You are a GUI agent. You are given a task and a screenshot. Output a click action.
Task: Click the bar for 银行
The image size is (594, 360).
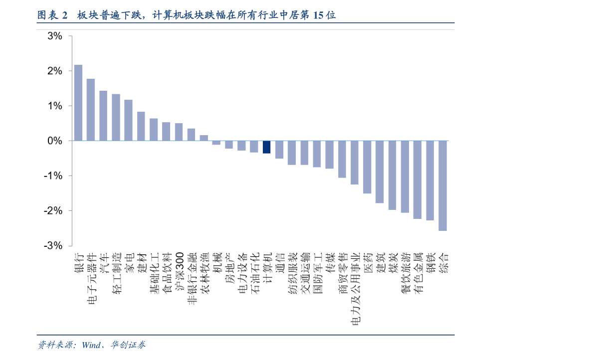[x=78, y=103]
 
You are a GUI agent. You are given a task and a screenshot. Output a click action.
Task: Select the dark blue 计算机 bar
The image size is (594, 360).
[x=267, y=147]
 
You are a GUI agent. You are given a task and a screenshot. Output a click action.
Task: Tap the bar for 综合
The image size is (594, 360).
[x=443, y=185]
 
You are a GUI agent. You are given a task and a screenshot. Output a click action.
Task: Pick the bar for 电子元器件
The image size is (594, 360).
[x=91, y=110]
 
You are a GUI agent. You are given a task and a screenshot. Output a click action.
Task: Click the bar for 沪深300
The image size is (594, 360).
[x=179, y=132]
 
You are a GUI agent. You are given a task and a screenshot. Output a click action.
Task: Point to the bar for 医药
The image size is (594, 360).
[x=367, y=167]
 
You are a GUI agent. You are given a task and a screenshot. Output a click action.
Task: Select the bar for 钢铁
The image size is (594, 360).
[x=430, y=180]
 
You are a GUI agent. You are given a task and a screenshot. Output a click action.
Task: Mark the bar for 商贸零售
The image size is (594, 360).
[x=342, y=159]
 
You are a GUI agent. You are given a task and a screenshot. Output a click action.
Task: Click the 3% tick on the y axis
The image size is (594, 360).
[x=55, y=36]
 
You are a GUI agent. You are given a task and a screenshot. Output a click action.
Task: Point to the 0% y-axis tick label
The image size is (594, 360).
[x=55, y=141]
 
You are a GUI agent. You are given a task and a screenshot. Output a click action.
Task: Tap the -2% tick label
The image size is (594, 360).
[x=53, y=211]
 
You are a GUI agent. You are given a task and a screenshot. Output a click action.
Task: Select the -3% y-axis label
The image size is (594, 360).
[x=53, y=246]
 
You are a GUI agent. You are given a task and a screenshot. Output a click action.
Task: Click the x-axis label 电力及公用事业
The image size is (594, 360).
[x=355, y=289]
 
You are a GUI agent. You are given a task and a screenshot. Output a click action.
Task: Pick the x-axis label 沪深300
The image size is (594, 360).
[x=179, y=271]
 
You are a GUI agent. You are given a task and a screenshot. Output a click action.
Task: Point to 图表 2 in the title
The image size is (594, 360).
[x=52, y=15]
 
